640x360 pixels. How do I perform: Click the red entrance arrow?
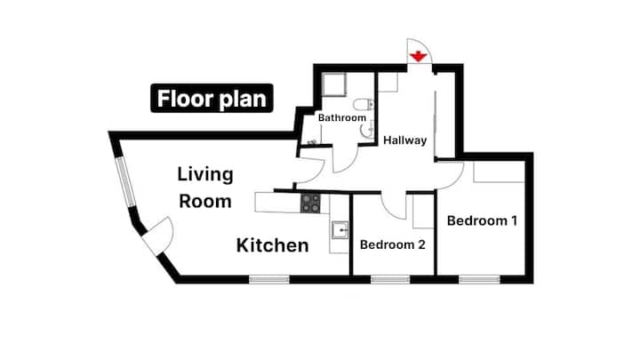pyautogui.click(x=419, y=56)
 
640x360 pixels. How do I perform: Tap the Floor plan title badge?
pyautogui.click(x=212, y=99)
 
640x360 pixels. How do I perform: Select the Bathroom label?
pyautogui.click(x=342, y=118)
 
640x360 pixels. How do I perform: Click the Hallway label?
pyautogui.click(x=405, y=140)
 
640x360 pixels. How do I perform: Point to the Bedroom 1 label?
pyautogui.click(x=482, y=220)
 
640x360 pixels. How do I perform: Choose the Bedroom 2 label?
pyautogui.click(x=393, y=245)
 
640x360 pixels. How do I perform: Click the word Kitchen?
pyautogui.click(x=273, y=245)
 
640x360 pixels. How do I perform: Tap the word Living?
pyautogui.click(x=205, y=175)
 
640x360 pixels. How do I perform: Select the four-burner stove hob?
pyautogui.click(x=310, y=204)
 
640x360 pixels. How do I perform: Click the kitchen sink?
pyautogui.click(x=340, y=230)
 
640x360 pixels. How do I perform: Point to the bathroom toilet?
pyautogui.click(x=364, y=105)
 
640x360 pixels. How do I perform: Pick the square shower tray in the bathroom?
pyautogui.click(x=334, y=84)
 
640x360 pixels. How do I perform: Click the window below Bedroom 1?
pyautogui.click(x=480, y=280)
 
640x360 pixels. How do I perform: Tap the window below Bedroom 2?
pyautogui.click(x=390, y=280)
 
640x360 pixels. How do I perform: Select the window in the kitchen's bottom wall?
pyautogui.click(x=269, y=280)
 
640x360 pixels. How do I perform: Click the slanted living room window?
pyautogui.click(x=125, y=182)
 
